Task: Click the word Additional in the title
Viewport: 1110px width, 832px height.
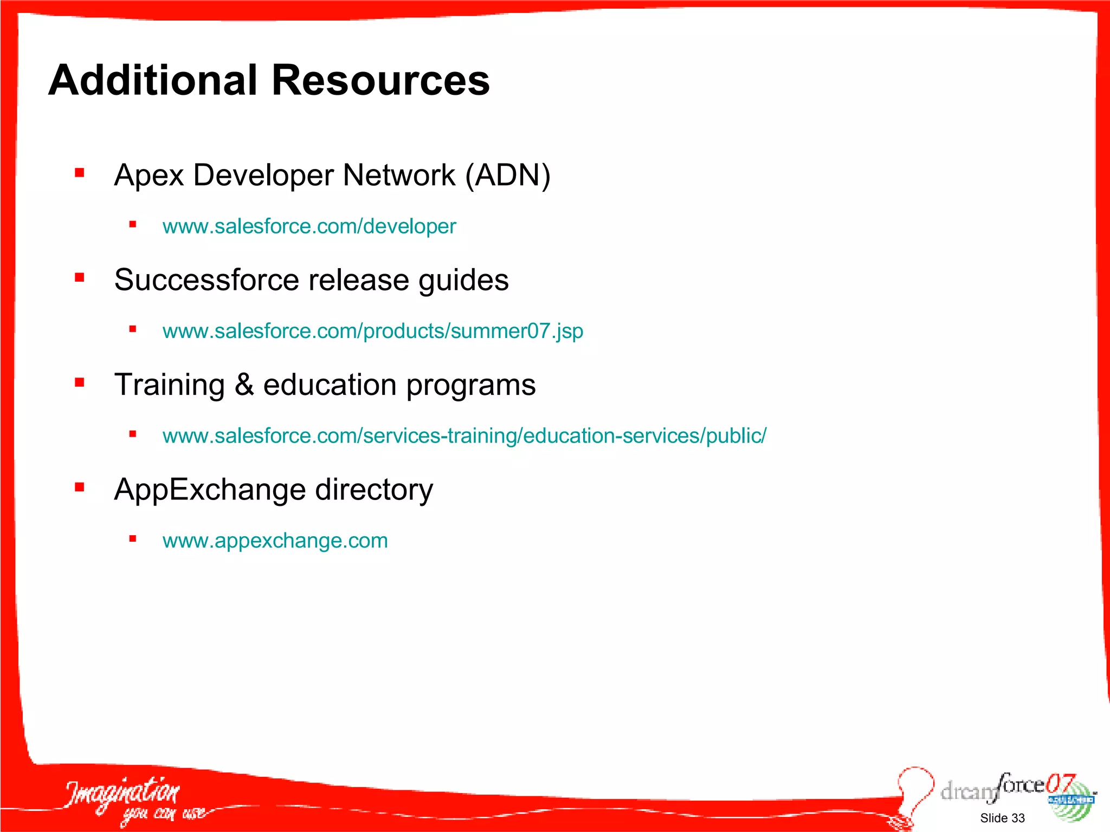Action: pos(152,80)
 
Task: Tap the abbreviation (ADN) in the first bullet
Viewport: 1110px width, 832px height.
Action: pos(508,175)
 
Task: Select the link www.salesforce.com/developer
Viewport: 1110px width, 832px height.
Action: pos(309,226)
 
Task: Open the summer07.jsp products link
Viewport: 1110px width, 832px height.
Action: pos(373,331)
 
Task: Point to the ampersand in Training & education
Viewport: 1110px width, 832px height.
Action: pos(244,385)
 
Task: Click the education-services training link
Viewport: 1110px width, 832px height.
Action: pos(464,436)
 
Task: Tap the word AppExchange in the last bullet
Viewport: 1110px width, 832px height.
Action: pos(210,490)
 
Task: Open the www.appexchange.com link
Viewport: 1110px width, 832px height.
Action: pos(275,541)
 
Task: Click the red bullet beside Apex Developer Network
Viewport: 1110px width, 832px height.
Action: pos(80,173)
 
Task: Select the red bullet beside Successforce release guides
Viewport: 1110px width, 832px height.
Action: pos(80,278)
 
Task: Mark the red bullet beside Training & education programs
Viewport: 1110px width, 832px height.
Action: pos(80,383)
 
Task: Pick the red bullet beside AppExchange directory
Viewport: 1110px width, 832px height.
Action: pos(80,487)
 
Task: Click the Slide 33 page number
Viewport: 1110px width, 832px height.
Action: pos(1002,818)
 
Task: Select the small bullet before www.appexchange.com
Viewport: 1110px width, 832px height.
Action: pos(132,538)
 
